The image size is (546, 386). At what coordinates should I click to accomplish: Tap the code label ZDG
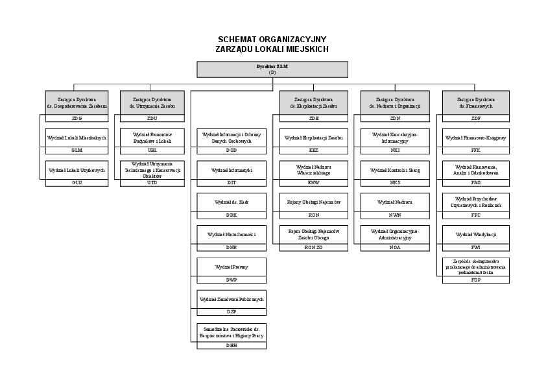tap(77, 119)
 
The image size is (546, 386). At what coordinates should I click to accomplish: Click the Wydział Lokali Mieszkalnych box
tap(77, 138)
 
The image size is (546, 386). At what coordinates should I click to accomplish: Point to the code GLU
tap(77, 182)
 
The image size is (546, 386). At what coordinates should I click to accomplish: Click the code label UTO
tap(152, 182)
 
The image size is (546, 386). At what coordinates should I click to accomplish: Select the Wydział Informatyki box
tap(231, 170)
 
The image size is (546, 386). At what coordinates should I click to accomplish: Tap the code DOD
tap(231, 150)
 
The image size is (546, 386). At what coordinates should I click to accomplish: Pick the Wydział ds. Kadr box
tap(231, 202)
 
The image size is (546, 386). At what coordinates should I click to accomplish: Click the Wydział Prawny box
tap(231, 266)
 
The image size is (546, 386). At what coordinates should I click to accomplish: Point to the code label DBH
tap(231, 346)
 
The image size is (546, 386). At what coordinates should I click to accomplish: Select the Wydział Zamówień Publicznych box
tap(231, 298)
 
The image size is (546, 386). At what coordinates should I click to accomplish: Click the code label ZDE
tap(314, 119)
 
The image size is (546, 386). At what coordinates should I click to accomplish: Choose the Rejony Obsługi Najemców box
tap(314, 202)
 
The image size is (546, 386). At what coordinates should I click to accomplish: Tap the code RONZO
tap(314, 247)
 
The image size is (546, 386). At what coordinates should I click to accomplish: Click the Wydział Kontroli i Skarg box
tap(395, 170)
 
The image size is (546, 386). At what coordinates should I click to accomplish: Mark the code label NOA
tap(395, 247)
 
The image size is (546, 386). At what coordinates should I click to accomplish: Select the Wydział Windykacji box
tap(476, 234)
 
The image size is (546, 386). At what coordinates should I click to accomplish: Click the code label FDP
tap(476, 280)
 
